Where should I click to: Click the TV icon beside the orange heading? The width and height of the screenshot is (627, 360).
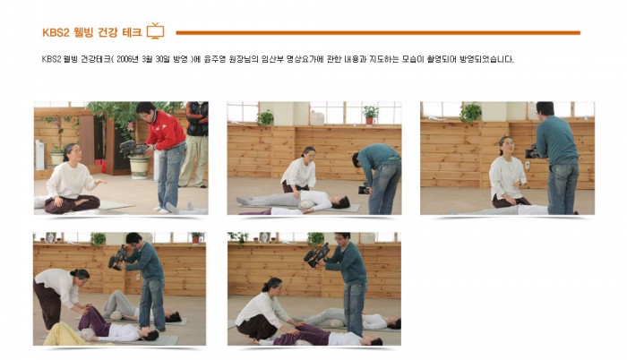pos(156,30)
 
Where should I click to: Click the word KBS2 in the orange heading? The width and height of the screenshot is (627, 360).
pos(56,32)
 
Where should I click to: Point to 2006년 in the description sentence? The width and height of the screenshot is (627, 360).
pos(127,60)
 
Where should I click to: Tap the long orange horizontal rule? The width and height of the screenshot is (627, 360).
pos(378,33)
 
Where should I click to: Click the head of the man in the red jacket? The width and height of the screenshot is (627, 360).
pos(145,110)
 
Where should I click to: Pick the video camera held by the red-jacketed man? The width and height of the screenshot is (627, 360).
pos(134,148)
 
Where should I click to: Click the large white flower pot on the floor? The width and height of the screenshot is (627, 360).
pos(139,167)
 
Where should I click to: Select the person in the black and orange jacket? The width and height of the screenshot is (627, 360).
pos(194,144)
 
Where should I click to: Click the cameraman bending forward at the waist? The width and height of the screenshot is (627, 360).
pos(379,177)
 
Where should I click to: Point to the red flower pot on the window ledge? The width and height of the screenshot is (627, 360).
pos(369,120)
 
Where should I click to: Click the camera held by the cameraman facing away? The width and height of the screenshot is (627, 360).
pos(532,152)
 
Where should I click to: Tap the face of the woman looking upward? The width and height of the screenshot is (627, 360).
pos(506,146)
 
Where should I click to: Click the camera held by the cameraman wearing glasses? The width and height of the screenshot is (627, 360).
pos(317,255)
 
